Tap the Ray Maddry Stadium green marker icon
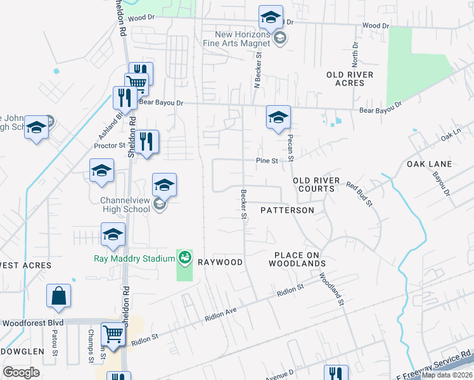coord(184,257)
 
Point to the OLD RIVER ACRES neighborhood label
coord(350,79)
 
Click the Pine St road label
coord(267,161)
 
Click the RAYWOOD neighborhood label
coord(221,262)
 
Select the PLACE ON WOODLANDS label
coord(300,258)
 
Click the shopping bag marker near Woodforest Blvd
coord(58,296)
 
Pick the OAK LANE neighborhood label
coord(429,164)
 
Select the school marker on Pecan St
coord(278,117)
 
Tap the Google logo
coord(22,372)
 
